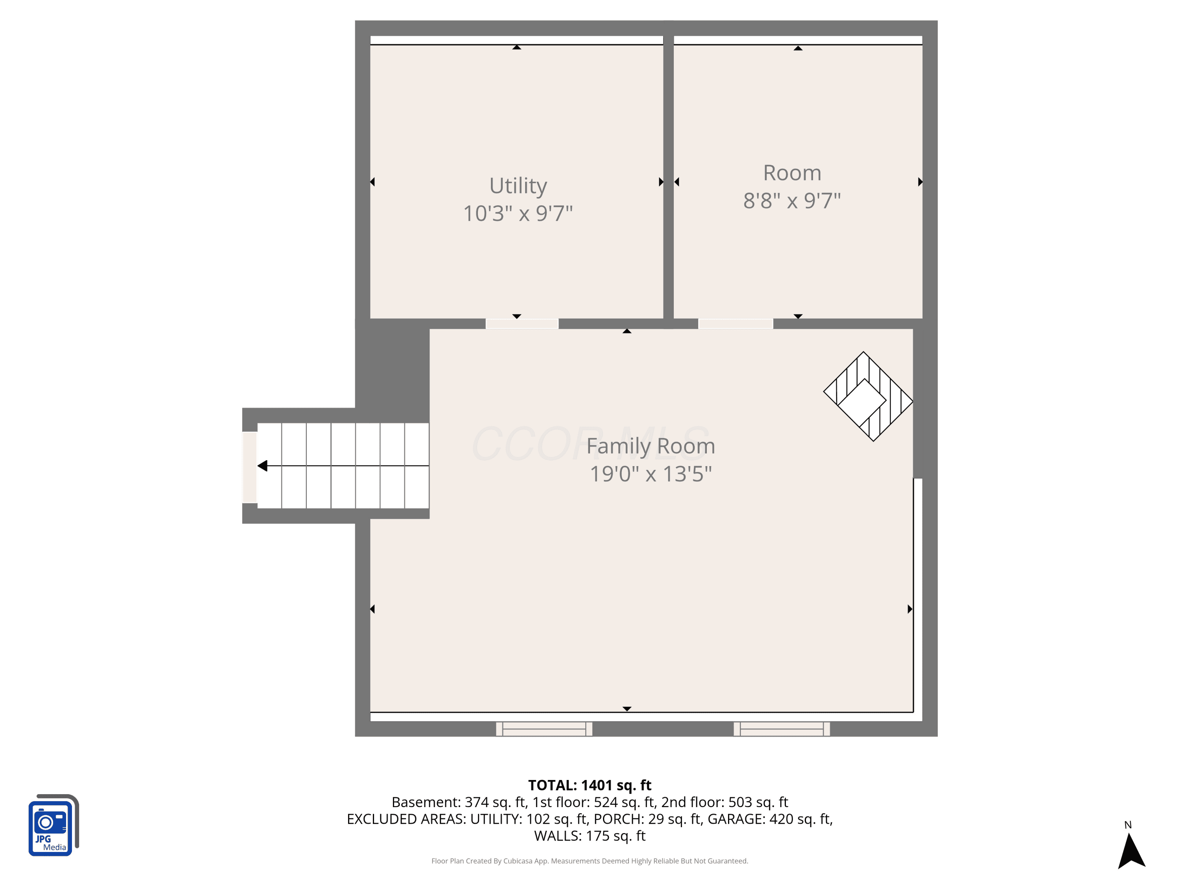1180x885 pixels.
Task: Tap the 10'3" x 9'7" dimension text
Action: point(518,213)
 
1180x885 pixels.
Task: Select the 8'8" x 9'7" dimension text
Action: point(792,201)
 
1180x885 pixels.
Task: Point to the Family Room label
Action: point(651,446)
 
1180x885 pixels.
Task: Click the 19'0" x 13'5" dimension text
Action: point(651,474)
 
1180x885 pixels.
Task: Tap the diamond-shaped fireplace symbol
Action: point(868,396)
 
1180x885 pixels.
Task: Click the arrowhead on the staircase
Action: point(262,466)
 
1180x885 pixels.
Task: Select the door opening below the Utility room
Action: point(522,324)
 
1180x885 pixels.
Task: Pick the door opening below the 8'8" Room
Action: point(736,324)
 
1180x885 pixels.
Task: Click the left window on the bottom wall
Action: point(544,729)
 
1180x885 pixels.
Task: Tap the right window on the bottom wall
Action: point(782,729)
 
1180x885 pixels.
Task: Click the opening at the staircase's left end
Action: point(250,467)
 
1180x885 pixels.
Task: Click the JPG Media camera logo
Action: point(53,825)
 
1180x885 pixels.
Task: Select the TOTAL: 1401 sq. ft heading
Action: point(590,785)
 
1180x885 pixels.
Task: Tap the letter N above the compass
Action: point(1128,825)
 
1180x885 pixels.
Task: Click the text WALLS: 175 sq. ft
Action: point(590,836)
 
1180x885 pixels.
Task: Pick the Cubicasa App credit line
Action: point(590,861)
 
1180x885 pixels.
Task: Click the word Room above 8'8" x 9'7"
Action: point(792,173)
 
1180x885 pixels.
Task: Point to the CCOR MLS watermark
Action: point(590,444)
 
